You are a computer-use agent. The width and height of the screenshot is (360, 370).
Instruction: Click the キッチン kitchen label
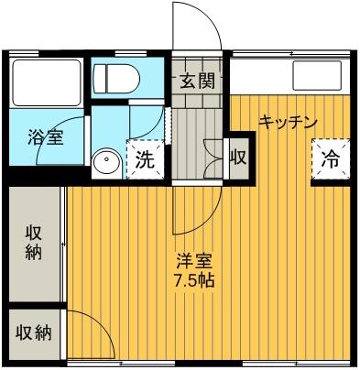pyautogui.click(x=288, y=121)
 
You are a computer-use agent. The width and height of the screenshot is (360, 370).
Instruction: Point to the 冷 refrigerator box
pyautogui.click(x=329, y=158)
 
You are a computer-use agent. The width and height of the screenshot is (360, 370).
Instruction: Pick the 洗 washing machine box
pyautogui.click(x=145, y=157)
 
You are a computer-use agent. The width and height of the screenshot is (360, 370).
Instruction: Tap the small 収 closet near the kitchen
pyautogui.click(x=238, y=157)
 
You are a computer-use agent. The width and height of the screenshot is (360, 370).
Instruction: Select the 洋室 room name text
pyautogui.click(x=194, y=260)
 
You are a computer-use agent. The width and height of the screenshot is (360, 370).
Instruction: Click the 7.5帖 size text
pyautogui.click(x=196, y=280)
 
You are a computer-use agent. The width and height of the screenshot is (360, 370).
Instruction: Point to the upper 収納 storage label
pyautogui.click(x=33, y=242)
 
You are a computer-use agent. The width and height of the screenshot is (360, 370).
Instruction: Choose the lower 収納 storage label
pyautogui.click(x=33, y=332)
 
